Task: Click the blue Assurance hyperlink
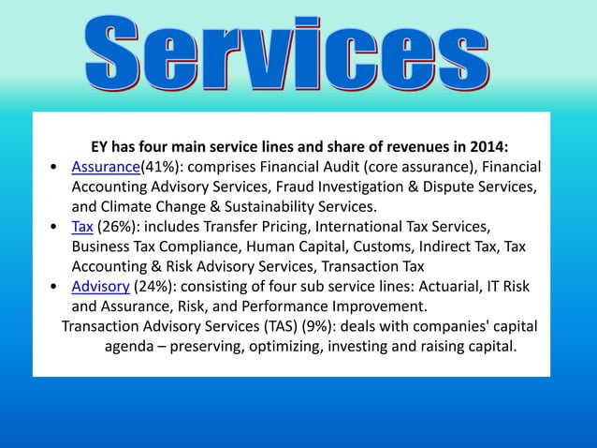pos(105,167)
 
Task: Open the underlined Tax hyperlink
pos(82,226)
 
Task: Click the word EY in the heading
pos(100,147)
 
